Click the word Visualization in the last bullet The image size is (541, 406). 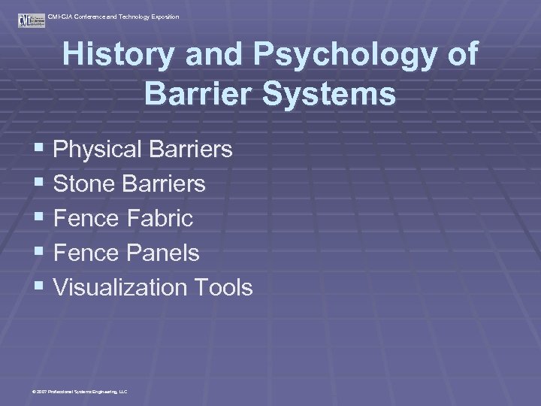[119, 287]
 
